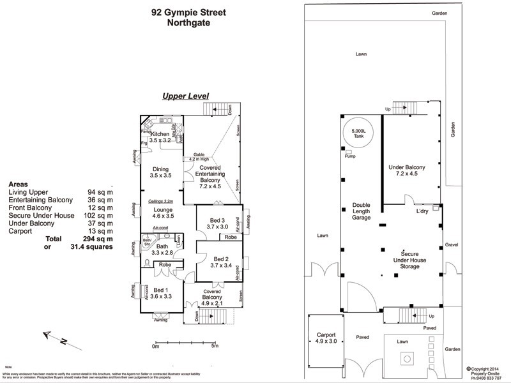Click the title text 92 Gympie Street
[188, 11]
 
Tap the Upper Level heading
[185, 96]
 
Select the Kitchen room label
[160, 136]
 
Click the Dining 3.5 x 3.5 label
[161, 171]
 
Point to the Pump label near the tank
[349, 156]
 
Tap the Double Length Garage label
[361, 211]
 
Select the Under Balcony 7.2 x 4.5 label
[411, 170]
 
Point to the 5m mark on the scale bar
[215, 347]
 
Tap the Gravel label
[452, 244]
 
